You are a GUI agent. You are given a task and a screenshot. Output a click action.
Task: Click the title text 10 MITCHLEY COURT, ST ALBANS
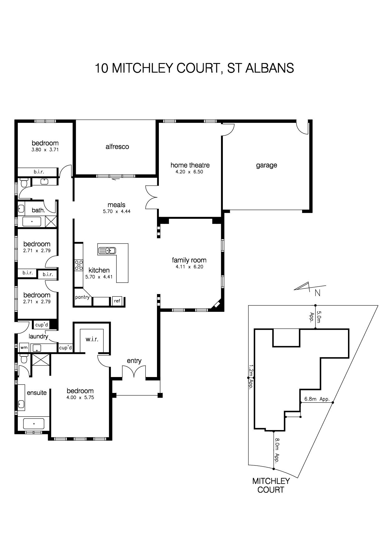[194, 68]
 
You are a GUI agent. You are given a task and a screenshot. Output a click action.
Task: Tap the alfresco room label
[117, 147]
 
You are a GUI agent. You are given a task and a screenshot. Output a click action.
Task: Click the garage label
[267, 165]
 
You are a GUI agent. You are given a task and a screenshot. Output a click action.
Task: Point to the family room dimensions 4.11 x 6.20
[189, 267]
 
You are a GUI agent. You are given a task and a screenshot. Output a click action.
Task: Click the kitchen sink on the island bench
[107, 250]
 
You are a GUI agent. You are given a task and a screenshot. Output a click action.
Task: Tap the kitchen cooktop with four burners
[79, 265]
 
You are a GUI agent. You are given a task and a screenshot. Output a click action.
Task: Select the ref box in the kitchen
[117, 301]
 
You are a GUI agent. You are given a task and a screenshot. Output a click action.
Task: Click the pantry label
[82, 297]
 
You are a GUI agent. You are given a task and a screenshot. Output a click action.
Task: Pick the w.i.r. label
[92, 339]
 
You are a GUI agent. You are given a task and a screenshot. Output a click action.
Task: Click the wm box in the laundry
[24, 347]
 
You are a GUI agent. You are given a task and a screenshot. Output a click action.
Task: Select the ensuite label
[37, 393]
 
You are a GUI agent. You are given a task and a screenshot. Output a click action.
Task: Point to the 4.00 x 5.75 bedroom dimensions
[80, 398]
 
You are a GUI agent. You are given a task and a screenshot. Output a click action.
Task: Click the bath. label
[38, 210]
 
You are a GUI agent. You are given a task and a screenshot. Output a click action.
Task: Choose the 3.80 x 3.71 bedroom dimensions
[45, 150]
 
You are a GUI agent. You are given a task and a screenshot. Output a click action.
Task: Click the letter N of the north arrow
[318, 293]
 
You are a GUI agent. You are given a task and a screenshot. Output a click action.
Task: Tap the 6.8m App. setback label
[317, 399]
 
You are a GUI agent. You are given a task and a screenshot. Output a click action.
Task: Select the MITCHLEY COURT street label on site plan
[271, 485]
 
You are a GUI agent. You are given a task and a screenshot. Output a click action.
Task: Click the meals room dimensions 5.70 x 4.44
[117, 211]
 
